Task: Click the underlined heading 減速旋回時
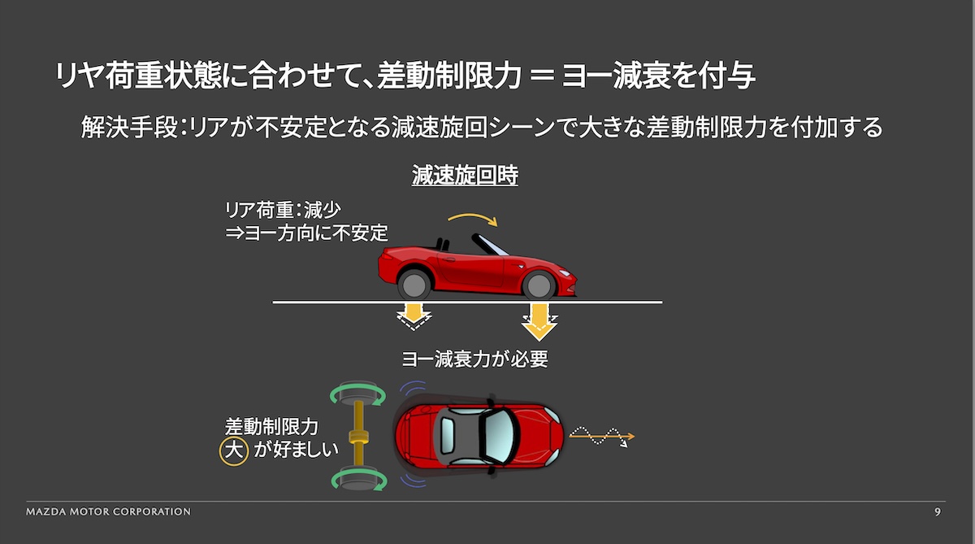(465, 176)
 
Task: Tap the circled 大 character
(234, 450)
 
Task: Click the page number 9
(938, 511)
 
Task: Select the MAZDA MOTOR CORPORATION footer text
(108, 511)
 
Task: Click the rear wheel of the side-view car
(414, 285)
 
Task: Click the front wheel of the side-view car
(539, 285)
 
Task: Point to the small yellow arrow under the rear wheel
(414, 316)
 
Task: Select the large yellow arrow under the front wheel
(539, 322)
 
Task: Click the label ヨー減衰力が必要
(474, 359)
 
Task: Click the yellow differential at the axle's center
(358, 437)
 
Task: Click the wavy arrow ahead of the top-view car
(601, 436)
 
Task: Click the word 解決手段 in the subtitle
(129, 127)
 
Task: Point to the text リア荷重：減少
(283, 210)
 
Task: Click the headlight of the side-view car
(565, 273)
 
